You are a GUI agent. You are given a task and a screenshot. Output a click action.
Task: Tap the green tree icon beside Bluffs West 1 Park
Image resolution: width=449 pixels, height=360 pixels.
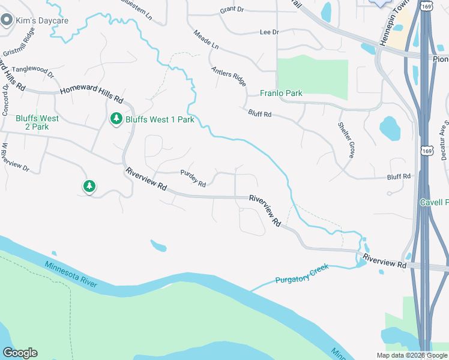point(116,119)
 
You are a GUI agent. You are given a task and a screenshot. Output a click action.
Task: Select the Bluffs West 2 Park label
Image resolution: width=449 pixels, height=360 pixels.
point(37,122)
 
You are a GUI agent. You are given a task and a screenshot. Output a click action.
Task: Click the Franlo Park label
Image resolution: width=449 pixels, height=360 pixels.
point(281,93)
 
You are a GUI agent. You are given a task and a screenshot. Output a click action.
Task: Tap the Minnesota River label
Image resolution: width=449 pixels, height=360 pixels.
point(71,275)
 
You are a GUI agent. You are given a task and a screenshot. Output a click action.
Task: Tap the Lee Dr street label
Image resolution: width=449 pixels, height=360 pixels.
point(269,32)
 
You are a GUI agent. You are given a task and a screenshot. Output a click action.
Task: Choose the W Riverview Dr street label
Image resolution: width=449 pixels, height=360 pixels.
point(15,157)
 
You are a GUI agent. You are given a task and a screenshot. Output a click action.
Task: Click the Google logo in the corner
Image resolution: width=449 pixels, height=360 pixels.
point(20,353)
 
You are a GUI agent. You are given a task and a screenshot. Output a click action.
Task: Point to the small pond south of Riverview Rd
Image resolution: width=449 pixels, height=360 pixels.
point(158,245)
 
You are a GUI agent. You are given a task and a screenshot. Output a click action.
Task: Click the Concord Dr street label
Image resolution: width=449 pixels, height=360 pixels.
point(5,99)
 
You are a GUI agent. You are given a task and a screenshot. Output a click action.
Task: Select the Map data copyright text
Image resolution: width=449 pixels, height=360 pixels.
point(412,355)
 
